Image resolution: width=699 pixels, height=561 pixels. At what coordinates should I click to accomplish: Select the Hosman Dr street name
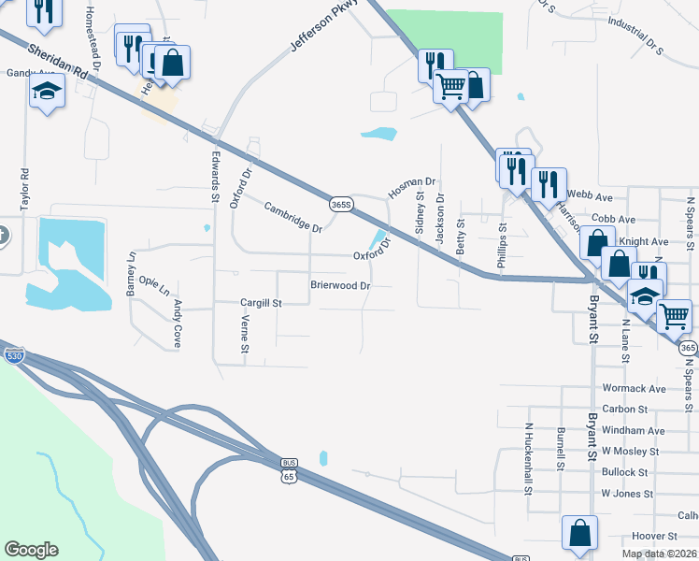pos(412,188)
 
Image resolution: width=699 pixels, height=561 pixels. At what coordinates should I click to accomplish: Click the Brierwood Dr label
pos(341,284)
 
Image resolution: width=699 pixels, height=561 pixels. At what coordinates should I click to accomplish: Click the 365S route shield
pos(342,204)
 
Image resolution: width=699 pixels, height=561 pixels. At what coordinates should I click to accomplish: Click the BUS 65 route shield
pos(289,470)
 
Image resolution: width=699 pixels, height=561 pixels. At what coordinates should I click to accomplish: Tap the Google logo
pos(31,550)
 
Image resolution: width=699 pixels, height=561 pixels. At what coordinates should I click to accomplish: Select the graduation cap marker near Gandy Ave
pos(46,92)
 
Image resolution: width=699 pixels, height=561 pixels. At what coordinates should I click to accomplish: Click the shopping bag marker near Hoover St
pos(579,531)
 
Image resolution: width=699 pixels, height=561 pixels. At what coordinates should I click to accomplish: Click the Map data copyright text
pos(659,554)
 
